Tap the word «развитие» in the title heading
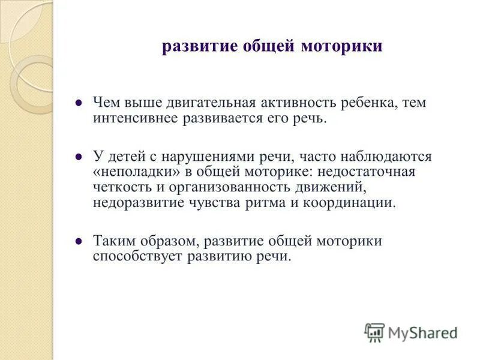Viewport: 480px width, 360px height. point(193,47)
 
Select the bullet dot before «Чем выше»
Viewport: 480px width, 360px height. point(78,103)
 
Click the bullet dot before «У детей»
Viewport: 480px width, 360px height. point(78,157)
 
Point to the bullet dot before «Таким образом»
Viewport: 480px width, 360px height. point(78,241)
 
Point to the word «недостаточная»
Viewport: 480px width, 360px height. point(378,172)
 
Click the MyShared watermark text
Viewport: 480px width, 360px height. point(422,332)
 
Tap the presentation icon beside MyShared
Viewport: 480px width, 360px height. point(374,332)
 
